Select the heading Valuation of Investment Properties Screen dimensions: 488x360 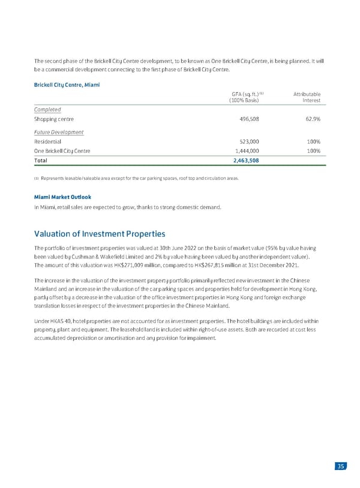[x=100, y=233]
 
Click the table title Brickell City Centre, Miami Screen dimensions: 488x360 [x=67, y=85]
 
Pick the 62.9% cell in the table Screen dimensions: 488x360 [x=310, y=119]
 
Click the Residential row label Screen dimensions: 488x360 [x=48, y=141]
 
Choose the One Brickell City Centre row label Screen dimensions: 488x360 [x=63, y=151]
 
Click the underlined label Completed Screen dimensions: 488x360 [x=47, y=110]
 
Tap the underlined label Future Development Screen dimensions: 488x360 [x=59, y=132]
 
